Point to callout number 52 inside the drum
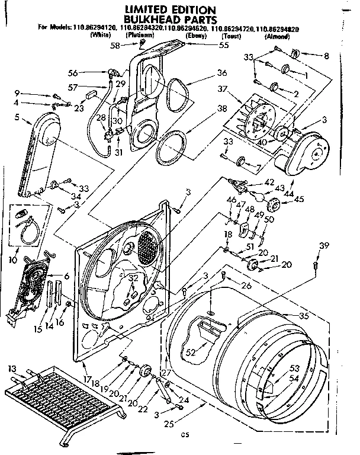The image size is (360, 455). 191,352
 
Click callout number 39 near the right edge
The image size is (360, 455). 323,245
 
